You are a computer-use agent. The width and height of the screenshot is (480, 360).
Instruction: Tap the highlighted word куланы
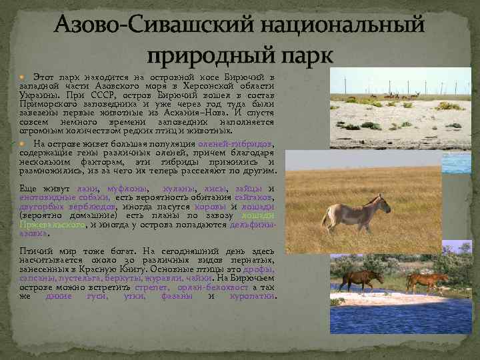[181, 188]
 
